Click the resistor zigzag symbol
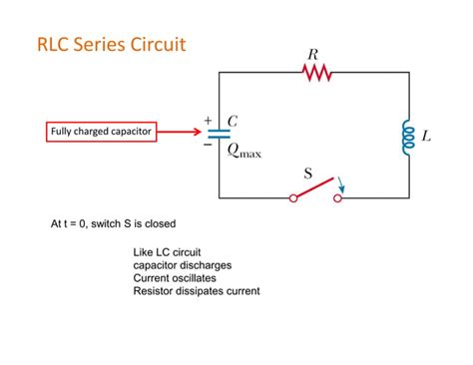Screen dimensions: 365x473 (316, 72)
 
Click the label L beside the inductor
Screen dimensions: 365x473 (427, 136)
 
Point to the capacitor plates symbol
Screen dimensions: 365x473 (219, 134)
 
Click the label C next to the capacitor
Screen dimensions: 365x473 (233, 121)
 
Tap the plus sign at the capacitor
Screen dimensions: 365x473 (208, 121)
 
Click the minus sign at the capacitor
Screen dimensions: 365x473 (208, 145)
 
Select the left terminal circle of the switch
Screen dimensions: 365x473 (293, 198)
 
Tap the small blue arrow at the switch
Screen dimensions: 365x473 (342, 183)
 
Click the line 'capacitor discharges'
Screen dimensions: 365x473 (183, 265)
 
